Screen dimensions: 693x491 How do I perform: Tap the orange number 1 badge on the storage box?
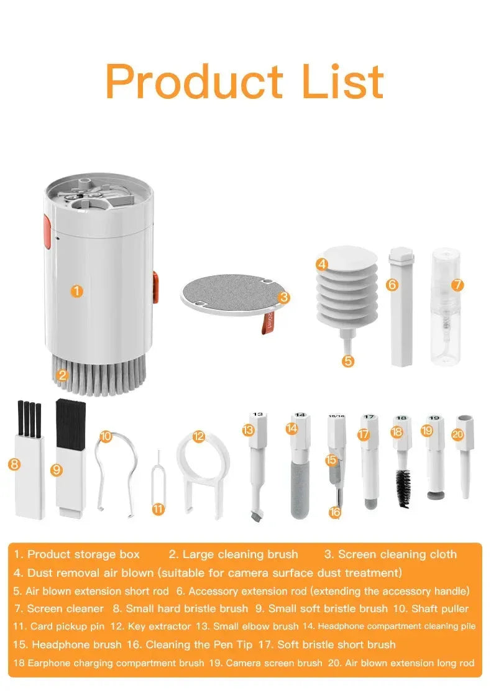(76, 290)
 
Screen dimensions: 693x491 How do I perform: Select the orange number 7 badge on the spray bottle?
(457, 285)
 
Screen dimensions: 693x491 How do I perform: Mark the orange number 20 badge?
(458, 434)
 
